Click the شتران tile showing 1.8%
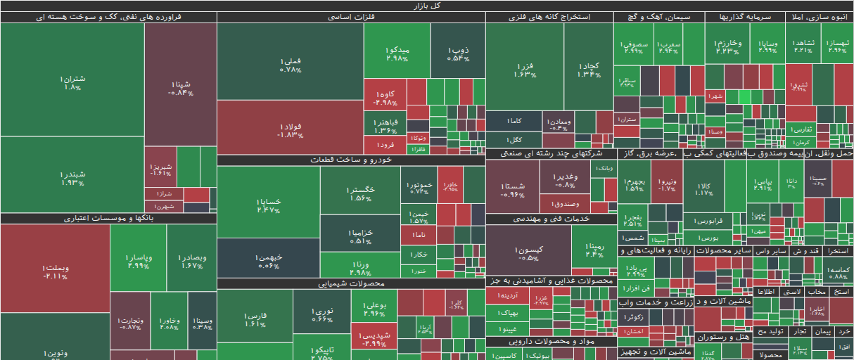coord(72,82)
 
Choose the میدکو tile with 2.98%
coord(397,52)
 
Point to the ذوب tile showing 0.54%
coord(457,52)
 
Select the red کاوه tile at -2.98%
coord(384,97)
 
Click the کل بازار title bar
coord(427,6)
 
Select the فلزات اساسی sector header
coord(350,17)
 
